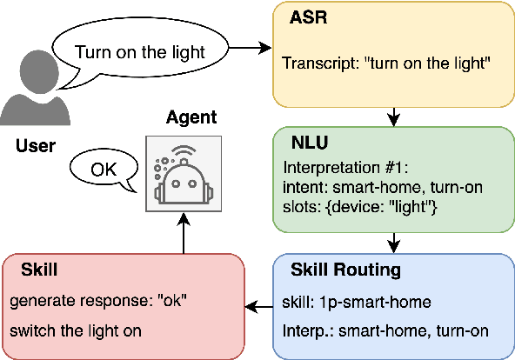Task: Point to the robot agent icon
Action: (x=182, y=174)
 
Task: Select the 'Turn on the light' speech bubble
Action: (x=139, y=51)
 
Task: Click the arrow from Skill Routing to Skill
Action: (x=258, y=306)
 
